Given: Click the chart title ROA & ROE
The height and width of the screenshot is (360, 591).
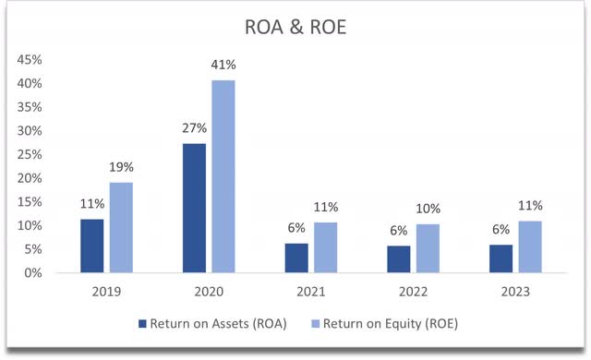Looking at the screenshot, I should click(295, 28).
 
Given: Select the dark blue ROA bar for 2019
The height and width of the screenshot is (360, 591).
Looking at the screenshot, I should click(92, 246).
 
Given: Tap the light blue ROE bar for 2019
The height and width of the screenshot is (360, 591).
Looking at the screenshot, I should click(122, 227).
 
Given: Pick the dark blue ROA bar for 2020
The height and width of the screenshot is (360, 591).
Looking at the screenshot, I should click(194, 208).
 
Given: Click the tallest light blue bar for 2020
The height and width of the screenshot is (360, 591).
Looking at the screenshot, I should click(223, 175).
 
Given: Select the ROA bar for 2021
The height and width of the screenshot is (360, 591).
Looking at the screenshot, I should click(296, 258).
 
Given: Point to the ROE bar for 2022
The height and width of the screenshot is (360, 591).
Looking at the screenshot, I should click(428, 248).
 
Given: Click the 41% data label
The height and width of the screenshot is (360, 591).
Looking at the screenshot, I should click(224, 66).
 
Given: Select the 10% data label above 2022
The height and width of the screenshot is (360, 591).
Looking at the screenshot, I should click(428, 210).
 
